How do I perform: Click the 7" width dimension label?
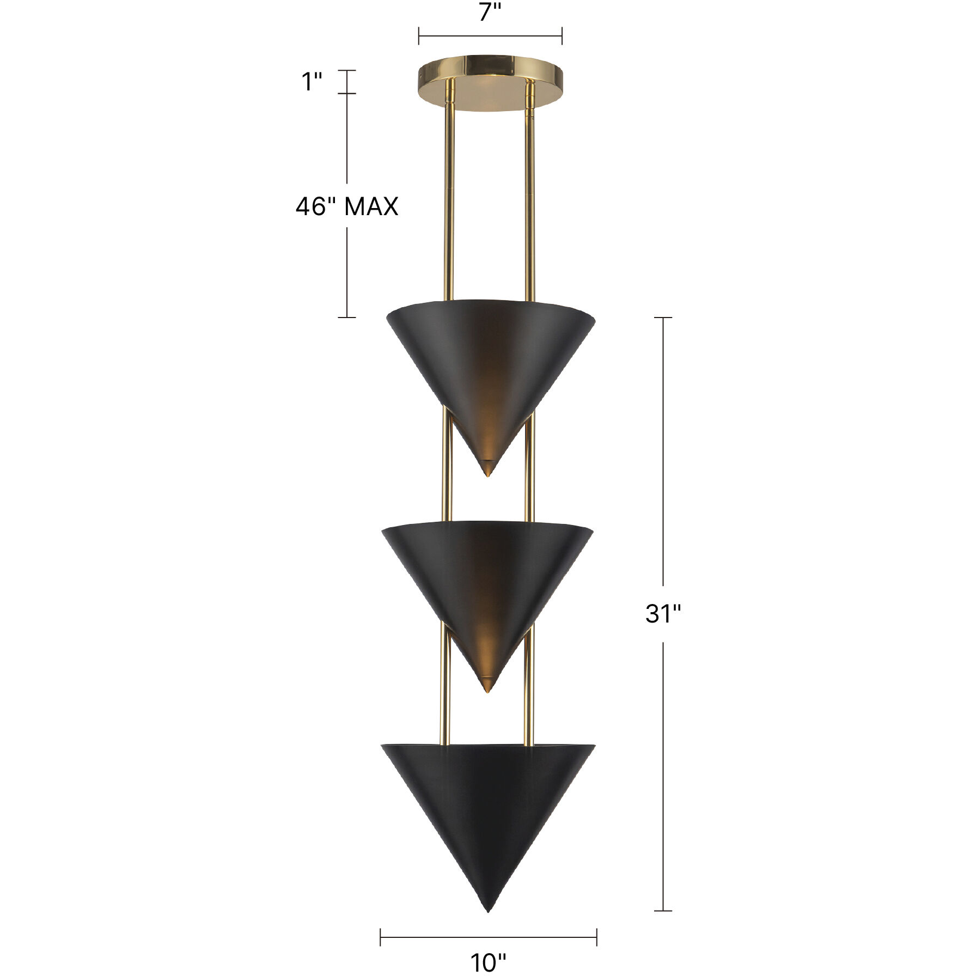point(489,12)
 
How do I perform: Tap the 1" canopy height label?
point(313,82)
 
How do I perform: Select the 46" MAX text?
point(347,207)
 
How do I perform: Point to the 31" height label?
point(663,614)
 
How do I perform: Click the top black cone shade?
point(490,359)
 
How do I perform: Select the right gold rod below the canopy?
point(528,191)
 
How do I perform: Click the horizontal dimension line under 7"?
point(490,36)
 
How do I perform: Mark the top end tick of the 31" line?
point(663,318)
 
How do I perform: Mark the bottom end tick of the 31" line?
point(663,910)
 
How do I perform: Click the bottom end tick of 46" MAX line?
point(347,318)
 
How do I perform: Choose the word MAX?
point(371,207)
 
